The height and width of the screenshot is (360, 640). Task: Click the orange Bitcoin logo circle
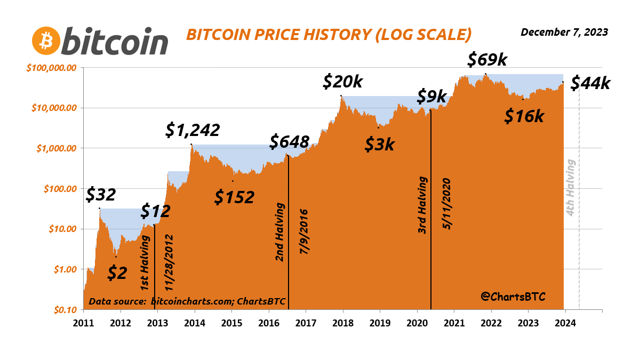tap(46, 40)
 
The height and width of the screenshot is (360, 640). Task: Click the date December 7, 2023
tap(564, 32)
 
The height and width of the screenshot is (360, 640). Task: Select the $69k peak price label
tap(486, 60)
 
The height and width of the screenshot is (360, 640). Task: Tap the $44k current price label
tap(590, 83)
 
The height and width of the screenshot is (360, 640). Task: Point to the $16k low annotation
tap(524, 116)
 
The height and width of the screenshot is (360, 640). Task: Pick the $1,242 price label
tap(192, 130)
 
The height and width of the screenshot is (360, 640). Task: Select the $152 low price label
tap(234, 197)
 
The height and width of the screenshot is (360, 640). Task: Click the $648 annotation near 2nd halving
tap(289, 142)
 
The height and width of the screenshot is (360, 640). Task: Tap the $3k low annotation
tap(380, 144)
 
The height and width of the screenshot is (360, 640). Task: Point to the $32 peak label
tap(101, 195)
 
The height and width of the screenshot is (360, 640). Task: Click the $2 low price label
tap(117, 273)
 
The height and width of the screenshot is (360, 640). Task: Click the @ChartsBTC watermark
tap(514, 296)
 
